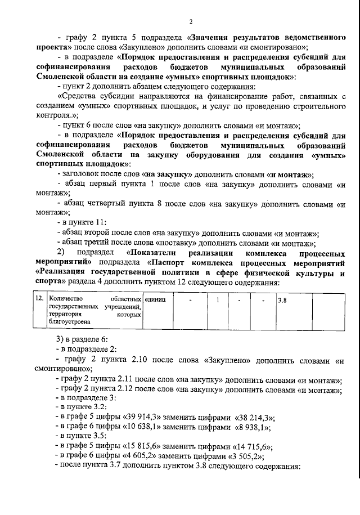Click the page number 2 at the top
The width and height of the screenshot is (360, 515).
coord(191,21)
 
